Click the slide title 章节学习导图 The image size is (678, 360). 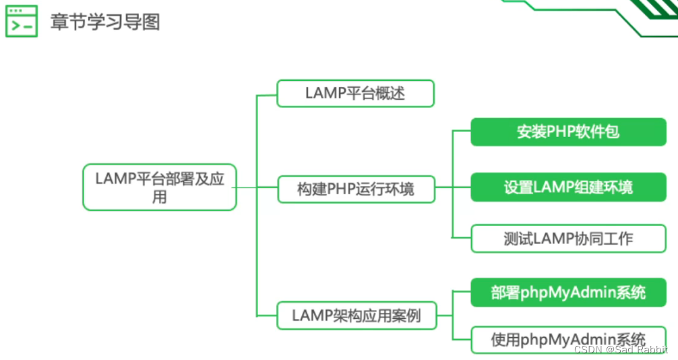click(104, 22)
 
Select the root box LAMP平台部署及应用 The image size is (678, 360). click(160, 187)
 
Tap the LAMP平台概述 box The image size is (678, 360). click(355, 93)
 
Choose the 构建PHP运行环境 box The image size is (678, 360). click(356, 189)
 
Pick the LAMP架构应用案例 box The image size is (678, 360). click(356, 315)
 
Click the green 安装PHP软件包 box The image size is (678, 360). click(568, 131)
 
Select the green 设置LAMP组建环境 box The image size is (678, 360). click(568, 187)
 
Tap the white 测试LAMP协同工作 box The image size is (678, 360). click(568, 238)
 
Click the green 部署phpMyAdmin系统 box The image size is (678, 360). click(568, 293)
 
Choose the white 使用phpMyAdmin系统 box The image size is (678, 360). click(568, 339)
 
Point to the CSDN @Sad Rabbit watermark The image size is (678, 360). click(620, 349)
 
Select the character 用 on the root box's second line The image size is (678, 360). click(160, 198)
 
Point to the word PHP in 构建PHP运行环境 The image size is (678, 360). click(342, 189)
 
